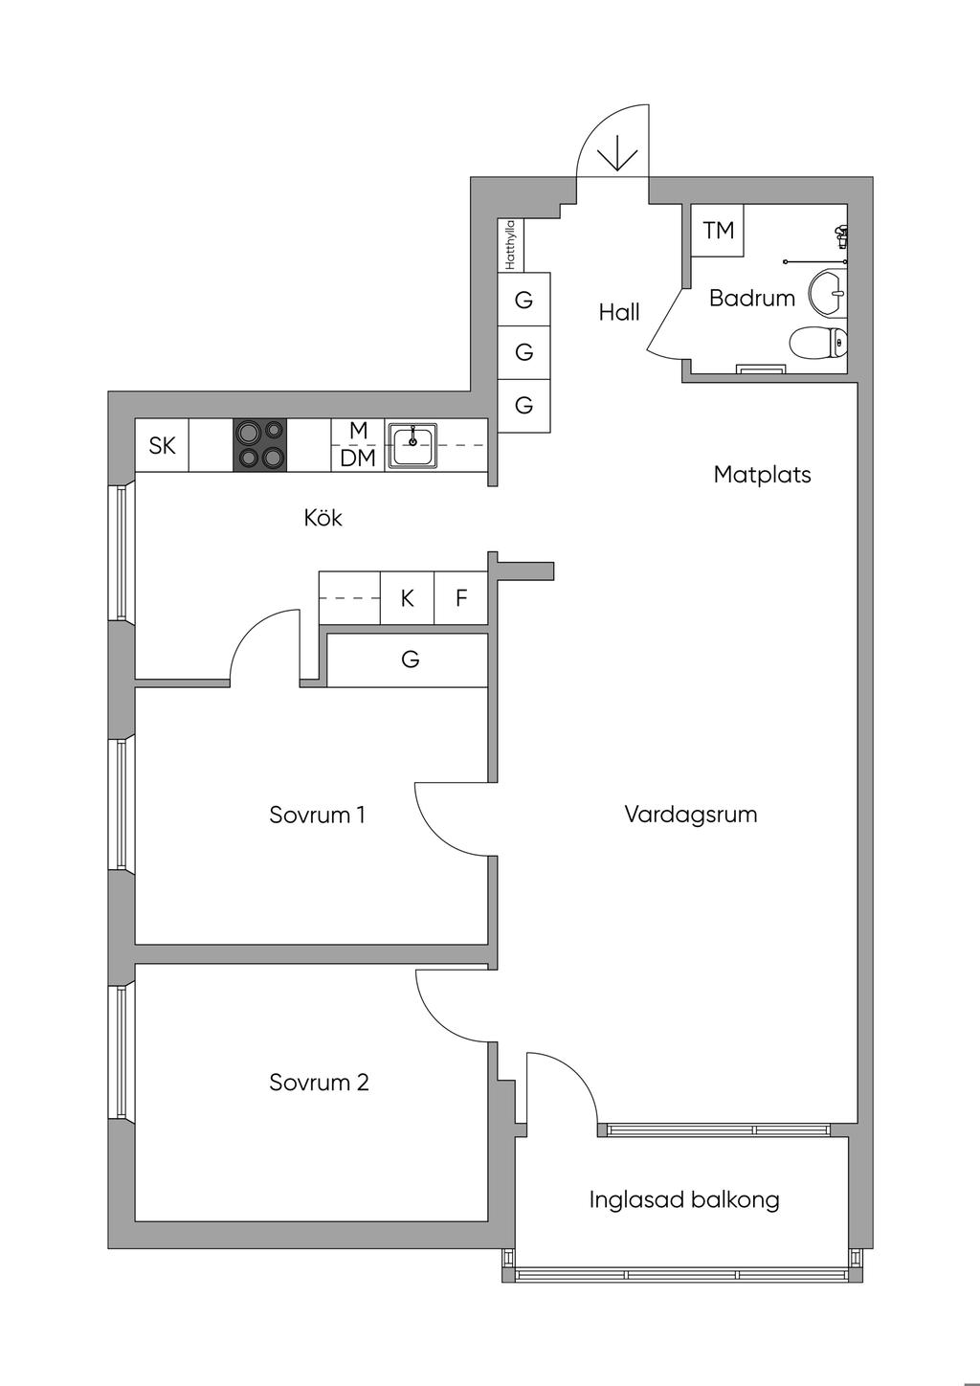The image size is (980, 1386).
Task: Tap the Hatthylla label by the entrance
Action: pyautogui.click(x=510, y=245)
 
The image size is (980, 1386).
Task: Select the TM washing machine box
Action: pyautogui.click(x=717, y=230)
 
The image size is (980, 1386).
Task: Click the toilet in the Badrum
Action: pyautogui.click(x=817, y=342)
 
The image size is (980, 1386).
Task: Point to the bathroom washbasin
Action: pyautogui.click(x=828, y=292)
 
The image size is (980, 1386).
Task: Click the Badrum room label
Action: pyautogui.click(x=751, y=299)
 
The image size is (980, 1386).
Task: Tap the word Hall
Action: pyautogui.click(x=618, y=312)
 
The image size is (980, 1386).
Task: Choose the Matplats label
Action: pyautogui.click(x=762, y=475)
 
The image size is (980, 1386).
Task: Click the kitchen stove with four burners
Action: pyautogui.click(x=260, y=445)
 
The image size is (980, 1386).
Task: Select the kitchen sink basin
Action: pyautogui.click(x=412, y=445)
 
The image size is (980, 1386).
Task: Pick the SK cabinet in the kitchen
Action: pyautogui.click(x=162, y=445)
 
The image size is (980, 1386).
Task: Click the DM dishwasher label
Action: pyautogui.click(x=358, y=458)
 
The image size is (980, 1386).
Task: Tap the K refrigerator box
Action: pyautogui.click(x=407, y=597)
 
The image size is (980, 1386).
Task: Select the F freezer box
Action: pyautogui.click(x=461, y=597)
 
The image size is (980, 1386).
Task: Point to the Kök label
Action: pyautogui.click(x=323, y=518)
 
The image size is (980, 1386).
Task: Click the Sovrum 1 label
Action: pyautogui.click(x=318, y=815)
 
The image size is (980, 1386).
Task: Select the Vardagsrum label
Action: pyautogui.click(x=691, y=815)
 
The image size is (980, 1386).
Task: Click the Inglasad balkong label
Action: pyautogui.click(x=684, y=1199)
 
